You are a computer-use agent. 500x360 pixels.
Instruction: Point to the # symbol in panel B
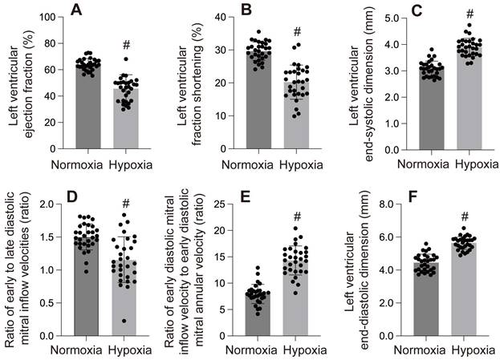297,32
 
